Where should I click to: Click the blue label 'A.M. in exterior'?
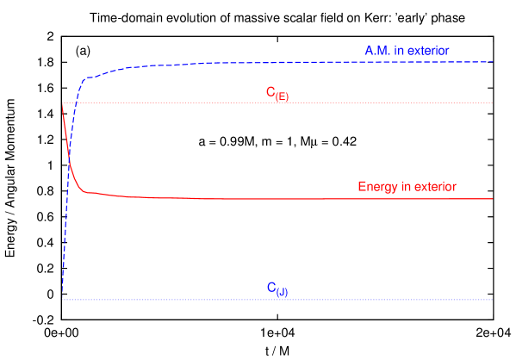click(x=407, y=51)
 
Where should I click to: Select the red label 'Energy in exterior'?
click(x=407, y=187)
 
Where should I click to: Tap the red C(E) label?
click(x=277, y=93)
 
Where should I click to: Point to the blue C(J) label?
click(x=277, y=289)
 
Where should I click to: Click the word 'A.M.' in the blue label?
click(x=377, y=51)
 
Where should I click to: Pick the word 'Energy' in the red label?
click(x=376, y=187)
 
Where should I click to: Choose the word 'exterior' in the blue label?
click(x=428, y=51)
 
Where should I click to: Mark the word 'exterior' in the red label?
click(x=435, y=187)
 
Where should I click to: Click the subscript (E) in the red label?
click(x=282, y=96)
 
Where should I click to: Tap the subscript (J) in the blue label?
click(x=282, y=292)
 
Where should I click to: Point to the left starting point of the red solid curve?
click(x=62, y=103)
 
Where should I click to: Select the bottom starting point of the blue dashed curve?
click(x=62, y=299)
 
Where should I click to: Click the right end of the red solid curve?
click(x=492, y=199)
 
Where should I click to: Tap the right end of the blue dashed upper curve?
click(x=492, y=62)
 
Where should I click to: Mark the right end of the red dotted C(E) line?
click(x=492, y=103)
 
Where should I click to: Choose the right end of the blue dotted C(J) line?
click(x=492, y=300)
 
